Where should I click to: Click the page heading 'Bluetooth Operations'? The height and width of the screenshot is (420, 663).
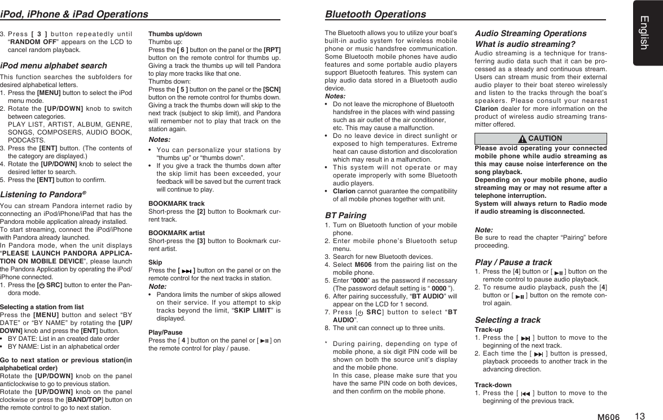tap(375, 14)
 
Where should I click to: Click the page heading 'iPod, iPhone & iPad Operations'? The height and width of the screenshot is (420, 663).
tap(74, 14)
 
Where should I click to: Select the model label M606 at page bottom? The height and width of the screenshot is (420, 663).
tap(608, 417)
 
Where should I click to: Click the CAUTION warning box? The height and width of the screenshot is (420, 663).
tap(541, 138)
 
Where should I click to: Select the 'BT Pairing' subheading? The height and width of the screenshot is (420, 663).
tap(345, 215)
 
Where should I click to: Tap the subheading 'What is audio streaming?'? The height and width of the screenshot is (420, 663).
tap(525, 44)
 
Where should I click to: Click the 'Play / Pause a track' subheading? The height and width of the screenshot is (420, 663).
tap(513, 262)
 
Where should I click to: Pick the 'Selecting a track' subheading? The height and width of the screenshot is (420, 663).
tap(508, 320)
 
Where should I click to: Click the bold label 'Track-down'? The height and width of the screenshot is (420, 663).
tap(493, 385)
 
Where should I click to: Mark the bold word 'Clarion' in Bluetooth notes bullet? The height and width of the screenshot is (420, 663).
tap(344, 191)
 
